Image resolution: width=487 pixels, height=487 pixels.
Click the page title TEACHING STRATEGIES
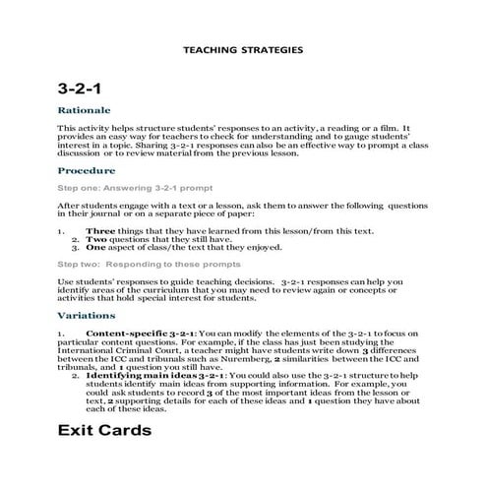pos(243,48)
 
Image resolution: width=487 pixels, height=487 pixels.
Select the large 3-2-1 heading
pos(82,89)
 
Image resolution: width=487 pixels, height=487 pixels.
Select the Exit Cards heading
pos(104,430)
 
